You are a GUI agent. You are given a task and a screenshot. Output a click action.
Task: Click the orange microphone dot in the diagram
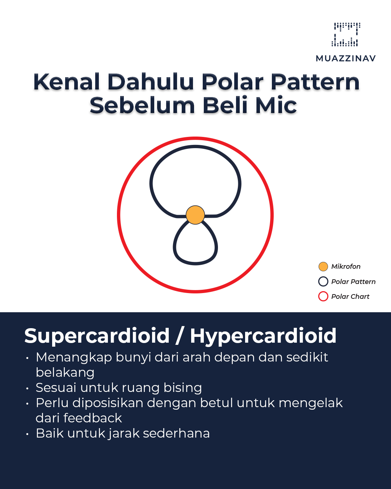point(195,215)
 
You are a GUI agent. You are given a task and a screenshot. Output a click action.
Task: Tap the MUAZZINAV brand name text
point(346,58)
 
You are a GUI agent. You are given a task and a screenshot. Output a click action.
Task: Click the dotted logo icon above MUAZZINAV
point(346,34)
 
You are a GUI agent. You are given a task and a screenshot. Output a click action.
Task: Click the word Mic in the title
point(276,105)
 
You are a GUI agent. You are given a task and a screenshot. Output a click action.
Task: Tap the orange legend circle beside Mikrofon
point(323,267)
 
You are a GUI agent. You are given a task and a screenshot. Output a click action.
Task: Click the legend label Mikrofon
point(346,267)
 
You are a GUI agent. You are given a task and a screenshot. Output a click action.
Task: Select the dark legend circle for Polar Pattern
point(323,281)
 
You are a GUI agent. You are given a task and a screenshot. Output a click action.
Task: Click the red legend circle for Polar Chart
point(323,296)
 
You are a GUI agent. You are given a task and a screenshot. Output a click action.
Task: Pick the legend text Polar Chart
point(350,297)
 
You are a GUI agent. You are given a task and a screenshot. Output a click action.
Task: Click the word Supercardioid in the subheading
point(97,336)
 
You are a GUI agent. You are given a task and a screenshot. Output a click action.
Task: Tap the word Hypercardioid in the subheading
point(263,336)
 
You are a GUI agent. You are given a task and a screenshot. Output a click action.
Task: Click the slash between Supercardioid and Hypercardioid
point(180,336)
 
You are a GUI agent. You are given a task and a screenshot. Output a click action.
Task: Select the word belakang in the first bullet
point(65,372)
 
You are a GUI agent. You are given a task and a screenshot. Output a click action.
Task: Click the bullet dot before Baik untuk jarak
point(27,434)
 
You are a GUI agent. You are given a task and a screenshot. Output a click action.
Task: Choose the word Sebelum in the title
point(142,105)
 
